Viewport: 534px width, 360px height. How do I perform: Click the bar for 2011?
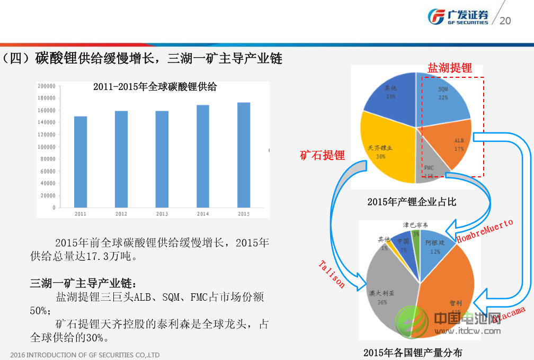81,161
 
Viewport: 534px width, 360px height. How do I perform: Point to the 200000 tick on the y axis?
47,86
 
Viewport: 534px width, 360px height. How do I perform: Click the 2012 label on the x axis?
121,214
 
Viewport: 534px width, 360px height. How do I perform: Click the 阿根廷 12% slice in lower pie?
433,246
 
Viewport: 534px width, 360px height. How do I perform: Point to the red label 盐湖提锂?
450,68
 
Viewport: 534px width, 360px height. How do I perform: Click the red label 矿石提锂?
322,155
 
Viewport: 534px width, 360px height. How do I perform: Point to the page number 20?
505,21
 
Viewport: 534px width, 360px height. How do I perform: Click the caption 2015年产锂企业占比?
412,202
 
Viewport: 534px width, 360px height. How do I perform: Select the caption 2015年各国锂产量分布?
413,352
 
